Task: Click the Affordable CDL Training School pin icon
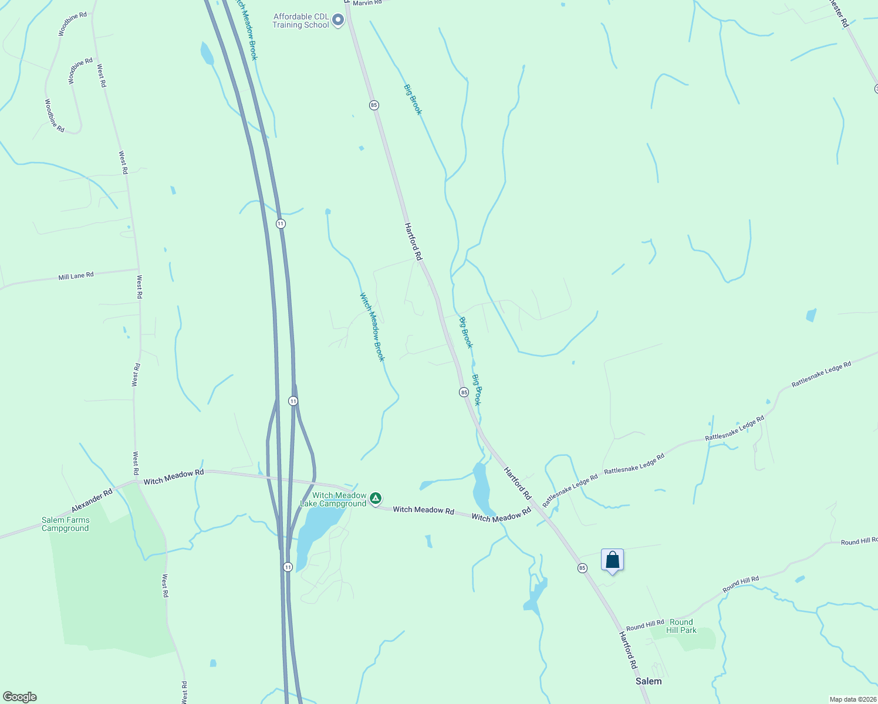click(338, 21)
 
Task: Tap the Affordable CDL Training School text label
click(300, 21)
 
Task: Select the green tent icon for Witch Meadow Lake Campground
click(376, 499)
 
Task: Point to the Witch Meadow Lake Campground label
click(333, 500)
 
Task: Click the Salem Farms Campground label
click(65, 524)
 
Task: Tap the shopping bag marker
click(612, 560)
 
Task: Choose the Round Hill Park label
click(681, 626)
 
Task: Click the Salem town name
click(649, 681)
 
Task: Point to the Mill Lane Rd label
click(76, 276)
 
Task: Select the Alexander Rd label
click(92, 501)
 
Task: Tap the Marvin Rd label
click(367, 3)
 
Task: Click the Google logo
click(20, 697)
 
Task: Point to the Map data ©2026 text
click(852, 699)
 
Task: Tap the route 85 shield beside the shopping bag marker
click(582, 568)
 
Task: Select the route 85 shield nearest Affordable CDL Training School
click(374, 105)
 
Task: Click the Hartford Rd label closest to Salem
click(628, 650)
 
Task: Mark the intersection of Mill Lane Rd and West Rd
click(139, 269)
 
